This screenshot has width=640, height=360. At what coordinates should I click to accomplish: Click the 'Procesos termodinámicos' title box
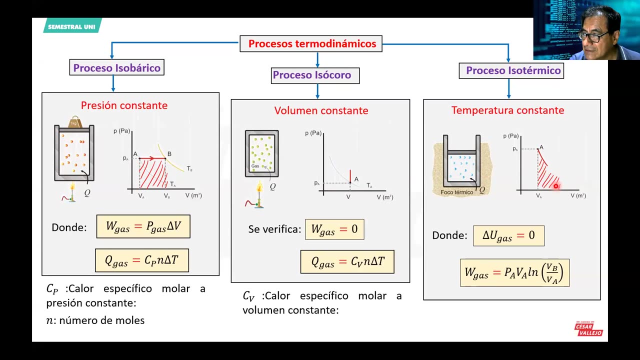[x=311, y=44]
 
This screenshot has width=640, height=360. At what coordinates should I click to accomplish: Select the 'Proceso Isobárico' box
[x=116, y=68]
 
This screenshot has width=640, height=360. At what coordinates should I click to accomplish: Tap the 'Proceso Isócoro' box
[x=311, y=75]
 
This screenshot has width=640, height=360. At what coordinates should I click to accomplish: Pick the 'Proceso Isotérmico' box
[x=513, y=70]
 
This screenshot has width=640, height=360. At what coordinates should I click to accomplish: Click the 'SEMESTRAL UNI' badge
[x=72, y=26]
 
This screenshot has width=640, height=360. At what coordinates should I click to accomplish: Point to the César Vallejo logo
[x=588, y=328]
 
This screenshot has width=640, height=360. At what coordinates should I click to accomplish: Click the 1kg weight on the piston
[x=74, y=122]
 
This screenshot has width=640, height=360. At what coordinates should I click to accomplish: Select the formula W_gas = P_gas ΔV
[x=143, y=226]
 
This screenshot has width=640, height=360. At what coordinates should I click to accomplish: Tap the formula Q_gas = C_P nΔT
[x=142, y=260]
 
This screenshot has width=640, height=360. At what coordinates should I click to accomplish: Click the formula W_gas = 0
[x=334, y=229]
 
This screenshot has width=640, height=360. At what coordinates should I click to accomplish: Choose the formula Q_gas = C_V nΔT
[x=347, y=261]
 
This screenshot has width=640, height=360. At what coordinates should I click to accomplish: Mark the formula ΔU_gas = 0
[x=508, y=235]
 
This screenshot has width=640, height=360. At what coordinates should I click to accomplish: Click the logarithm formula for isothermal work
[x=514, y=272]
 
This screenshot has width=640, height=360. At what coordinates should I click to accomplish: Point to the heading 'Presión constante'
[x=124, y=105]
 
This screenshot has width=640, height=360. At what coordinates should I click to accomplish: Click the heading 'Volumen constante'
[x=321, y=110]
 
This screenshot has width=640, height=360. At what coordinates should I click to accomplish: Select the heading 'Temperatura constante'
[x=507, y=110]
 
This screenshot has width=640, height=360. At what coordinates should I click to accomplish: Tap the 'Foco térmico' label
[x=456, y=192]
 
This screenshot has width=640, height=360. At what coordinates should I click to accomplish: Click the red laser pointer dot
[x=555, y=186]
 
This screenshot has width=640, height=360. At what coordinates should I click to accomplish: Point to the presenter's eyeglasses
[x=593, y=35]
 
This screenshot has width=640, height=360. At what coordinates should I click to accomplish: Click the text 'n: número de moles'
[x=95, y=320]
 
